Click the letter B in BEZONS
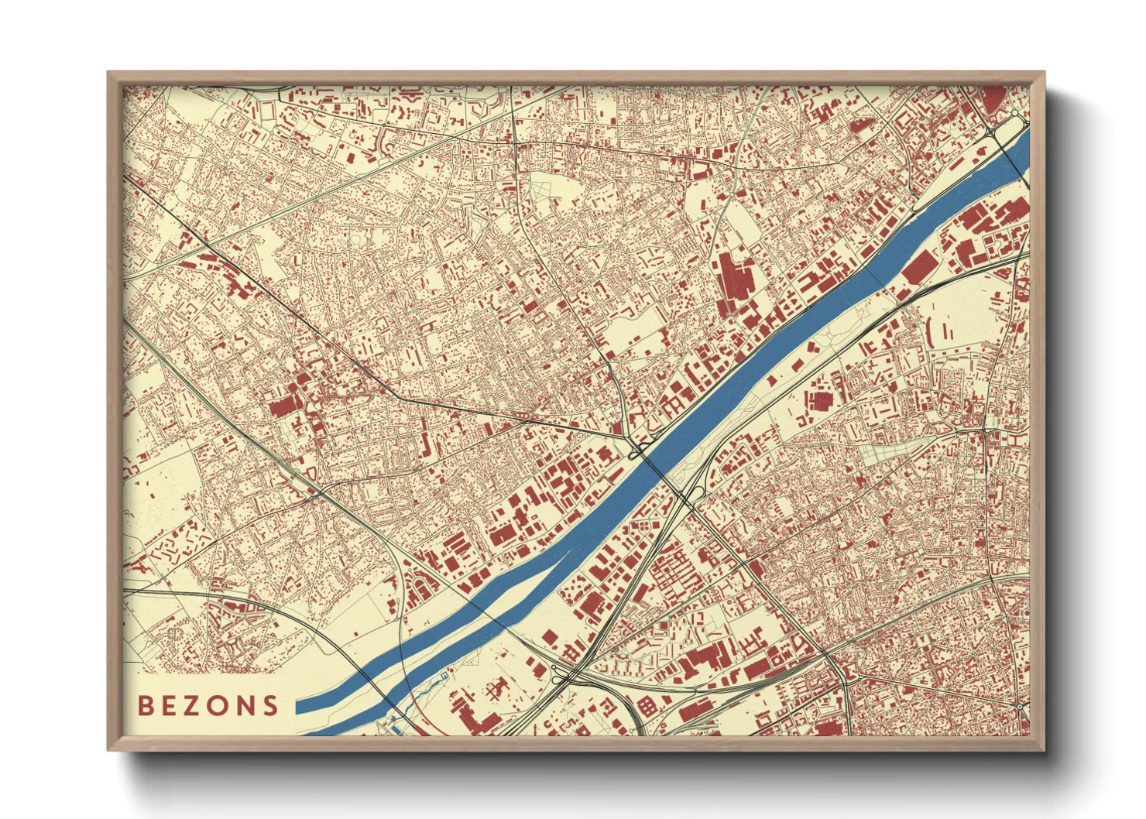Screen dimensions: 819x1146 coord(145,705)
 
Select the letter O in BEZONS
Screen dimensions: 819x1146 coord(219,705)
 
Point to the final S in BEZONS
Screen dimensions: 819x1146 coord(270,705)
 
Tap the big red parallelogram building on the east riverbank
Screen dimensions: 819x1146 coord(918,267)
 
